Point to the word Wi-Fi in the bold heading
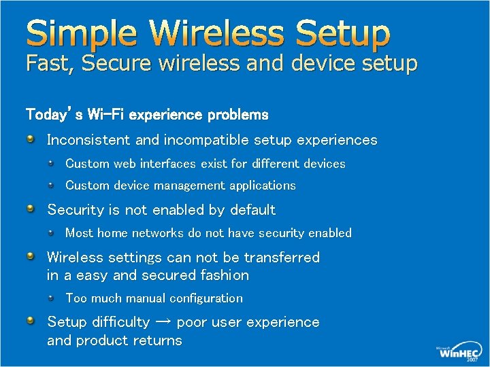click(105, 114)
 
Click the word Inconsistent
click(89, 140)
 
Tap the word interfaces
click(167, 164)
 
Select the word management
click(191, 186)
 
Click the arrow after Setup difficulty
click(162, 322)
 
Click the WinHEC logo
click(457, 351)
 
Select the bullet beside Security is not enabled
click(31, 209)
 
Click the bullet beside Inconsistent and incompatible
click(31, 139)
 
